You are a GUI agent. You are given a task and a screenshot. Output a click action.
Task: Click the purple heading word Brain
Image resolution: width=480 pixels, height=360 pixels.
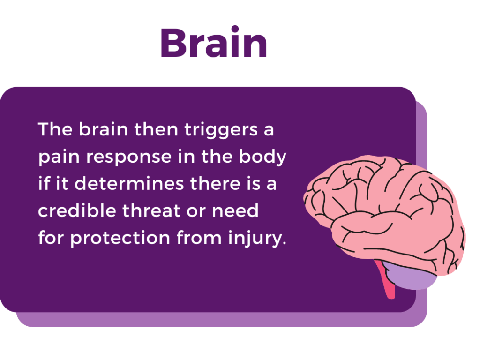coord(214,42)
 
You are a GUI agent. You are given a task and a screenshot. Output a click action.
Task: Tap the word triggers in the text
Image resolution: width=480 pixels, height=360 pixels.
coord(221,130)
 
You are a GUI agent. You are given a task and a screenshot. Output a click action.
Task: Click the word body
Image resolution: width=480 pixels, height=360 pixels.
coord(262,157)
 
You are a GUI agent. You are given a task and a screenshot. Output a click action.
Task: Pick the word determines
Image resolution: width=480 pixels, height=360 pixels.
coord(129,184)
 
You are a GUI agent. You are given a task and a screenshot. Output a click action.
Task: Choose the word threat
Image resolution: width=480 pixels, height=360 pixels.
coord(151,210)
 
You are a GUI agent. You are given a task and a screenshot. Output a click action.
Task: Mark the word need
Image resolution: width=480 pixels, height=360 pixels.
coord(235,210)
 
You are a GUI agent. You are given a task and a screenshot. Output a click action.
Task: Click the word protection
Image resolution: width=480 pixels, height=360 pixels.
coord(120,238)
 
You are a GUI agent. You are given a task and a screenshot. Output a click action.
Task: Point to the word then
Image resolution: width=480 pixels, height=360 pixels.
coord(156,129)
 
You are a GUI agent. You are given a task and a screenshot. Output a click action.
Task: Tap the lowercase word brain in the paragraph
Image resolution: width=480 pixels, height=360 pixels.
coord(104,129)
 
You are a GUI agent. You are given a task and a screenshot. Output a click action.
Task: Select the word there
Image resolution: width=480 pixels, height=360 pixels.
coord(215,184)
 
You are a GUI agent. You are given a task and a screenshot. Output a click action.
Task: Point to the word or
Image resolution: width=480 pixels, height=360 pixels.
coord(196,211)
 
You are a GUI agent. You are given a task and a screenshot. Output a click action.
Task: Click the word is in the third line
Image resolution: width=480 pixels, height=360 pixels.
coord(254,184)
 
